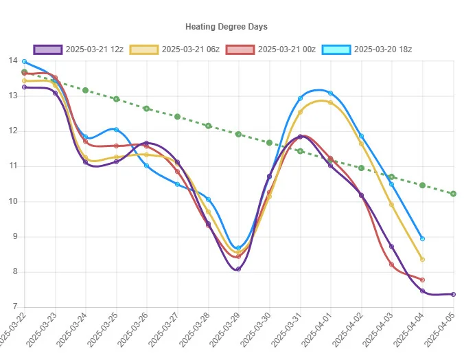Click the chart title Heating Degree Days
[x=227, y=27]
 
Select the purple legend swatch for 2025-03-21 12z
[x=48, y=49]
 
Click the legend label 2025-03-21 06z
[x=191, y=49]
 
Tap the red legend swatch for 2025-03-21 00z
[x=240, y=49]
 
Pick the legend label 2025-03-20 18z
[x=383, y=49]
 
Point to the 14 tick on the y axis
[x=13, y=60]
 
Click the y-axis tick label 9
[x=15, y=236]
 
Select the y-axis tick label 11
[x=13, y=166]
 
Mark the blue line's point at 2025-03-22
[x=24, y=62]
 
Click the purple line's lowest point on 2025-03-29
[x=238, y=269]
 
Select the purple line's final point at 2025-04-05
[x=453, y=294]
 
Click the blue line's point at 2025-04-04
[x=423, y=238]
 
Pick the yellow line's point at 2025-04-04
[x=423, y=260]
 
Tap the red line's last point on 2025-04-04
[x=423, y=280]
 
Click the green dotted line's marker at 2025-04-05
[x=453, y=194]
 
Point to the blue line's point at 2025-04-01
[x=330, y=93]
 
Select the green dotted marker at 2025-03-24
[x=85, y=91]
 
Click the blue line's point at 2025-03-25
[x=116, y=129]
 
